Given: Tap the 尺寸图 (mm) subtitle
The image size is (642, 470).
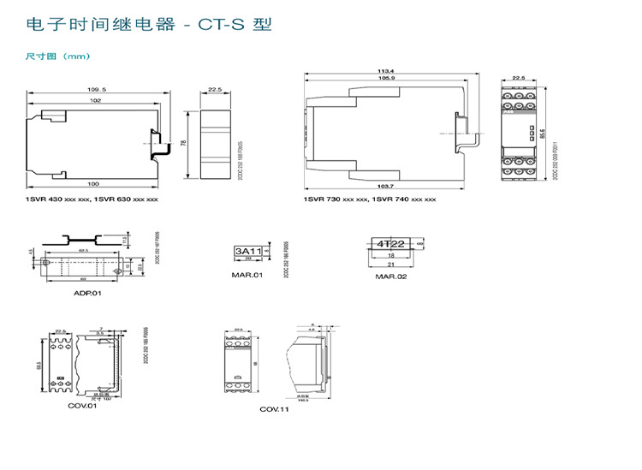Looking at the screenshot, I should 57,57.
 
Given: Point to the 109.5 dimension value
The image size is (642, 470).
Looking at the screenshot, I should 96,89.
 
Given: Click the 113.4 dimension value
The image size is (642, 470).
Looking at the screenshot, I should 387,70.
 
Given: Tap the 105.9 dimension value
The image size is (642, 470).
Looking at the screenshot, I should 385,79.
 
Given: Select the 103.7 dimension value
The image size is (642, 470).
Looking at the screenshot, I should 385,186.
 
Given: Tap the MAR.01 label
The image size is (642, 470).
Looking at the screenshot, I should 247,275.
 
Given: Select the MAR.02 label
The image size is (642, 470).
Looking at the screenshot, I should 391,277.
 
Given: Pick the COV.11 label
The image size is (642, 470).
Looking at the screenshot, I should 275,410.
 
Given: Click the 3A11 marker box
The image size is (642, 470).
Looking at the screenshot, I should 247,251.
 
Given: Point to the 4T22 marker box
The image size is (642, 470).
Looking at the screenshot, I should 390,244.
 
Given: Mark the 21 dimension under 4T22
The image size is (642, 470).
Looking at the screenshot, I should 390,265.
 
